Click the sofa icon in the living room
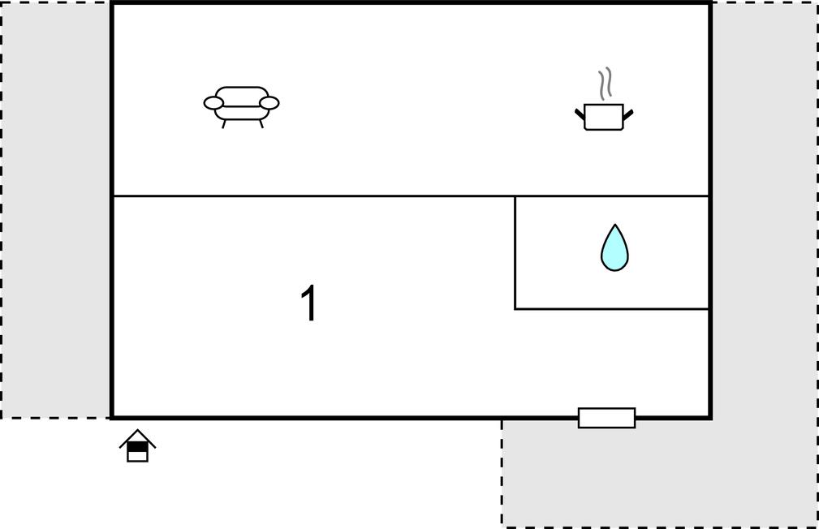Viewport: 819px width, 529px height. [241, 106]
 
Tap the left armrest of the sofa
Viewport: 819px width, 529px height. [213, 103]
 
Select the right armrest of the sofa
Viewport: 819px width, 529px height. [269, 103]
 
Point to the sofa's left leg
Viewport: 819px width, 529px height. [224, 124]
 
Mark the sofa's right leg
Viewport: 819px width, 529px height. [261, 124]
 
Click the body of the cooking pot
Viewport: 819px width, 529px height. [604, 117]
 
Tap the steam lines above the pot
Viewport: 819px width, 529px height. [605, 84]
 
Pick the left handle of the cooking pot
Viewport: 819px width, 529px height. [580, 114]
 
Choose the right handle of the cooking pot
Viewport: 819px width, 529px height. [627, 114]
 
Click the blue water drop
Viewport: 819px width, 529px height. [614, 250]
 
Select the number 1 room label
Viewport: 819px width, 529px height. [309, 303]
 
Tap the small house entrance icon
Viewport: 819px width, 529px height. [137, 445]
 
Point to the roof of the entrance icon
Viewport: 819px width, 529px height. [137, 437]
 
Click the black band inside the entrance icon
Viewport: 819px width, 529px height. [137, 446]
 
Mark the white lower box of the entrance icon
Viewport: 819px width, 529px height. [137, 457]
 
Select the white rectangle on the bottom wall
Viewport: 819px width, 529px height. [606, 418]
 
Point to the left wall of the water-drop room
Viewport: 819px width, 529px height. [515, 253]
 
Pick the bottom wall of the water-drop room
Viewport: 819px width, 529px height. [612, 309]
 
